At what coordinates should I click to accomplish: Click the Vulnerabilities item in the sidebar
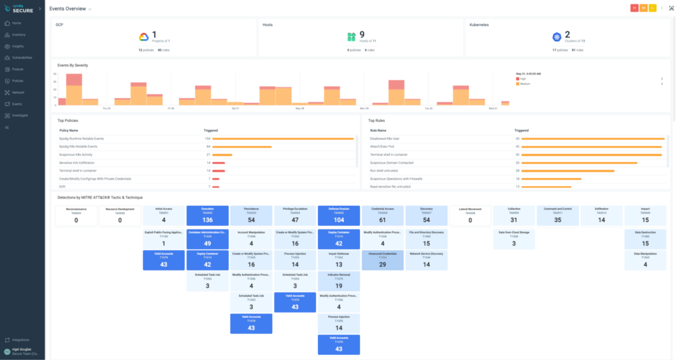22,58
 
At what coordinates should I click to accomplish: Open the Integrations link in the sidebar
21,340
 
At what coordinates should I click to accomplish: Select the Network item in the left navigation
18,92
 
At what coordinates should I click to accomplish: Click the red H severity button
634,8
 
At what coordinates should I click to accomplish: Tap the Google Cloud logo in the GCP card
144,37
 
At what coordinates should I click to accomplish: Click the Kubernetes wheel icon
556,37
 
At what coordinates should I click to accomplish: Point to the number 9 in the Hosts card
362,35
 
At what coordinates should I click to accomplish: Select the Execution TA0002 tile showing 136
207,215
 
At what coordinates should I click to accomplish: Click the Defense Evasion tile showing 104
339,215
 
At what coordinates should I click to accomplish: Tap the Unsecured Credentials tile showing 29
382,260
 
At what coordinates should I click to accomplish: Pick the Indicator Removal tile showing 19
339,281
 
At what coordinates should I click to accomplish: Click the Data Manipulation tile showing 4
645,260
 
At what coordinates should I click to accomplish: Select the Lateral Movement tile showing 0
470,215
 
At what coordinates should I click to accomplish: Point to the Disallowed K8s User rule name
385,139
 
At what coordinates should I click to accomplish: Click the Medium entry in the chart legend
525,84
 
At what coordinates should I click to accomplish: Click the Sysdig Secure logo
20,9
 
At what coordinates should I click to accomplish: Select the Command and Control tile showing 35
558,215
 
